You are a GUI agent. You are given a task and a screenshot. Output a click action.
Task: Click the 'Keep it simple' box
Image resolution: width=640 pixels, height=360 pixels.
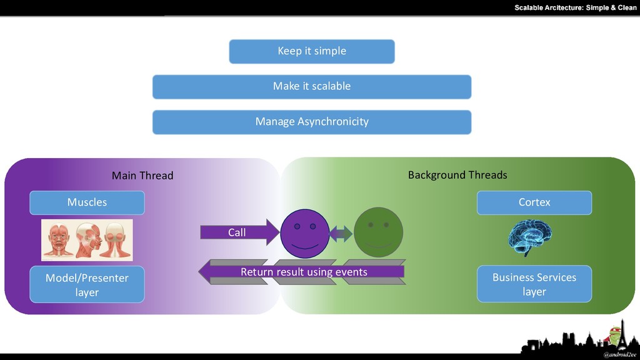click(312, 51)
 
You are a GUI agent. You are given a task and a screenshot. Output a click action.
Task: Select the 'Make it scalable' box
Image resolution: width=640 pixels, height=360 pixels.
click(312, 86)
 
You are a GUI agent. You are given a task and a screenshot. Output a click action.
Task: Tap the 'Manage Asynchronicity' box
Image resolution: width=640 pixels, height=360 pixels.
click(312, 122)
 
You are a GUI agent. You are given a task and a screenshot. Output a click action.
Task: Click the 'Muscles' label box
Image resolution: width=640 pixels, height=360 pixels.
click(87, 202)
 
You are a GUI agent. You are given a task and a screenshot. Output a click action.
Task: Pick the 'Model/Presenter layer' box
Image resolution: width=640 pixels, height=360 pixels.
click(87, 284)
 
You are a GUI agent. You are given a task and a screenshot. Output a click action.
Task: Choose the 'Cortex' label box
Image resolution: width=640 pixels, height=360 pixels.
click(534, 202)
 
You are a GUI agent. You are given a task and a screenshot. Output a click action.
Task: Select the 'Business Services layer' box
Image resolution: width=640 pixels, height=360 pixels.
click(534, 284)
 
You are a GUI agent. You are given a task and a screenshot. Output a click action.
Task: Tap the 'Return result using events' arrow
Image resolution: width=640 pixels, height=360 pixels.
click(302, 272)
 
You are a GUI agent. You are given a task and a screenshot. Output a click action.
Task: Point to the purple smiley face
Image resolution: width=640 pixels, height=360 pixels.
click(305, 234)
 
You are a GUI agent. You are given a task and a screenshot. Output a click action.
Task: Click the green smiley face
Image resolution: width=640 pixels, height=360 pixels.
click(378, 232)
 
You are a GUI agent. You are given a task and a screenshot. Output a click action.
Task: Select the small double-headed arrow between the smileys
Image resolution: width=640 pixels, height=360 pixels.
click(341, 234)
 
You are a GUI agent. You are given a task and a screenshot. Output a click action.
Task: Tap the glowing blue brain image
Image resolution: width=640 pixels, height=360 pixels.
click(530, 238)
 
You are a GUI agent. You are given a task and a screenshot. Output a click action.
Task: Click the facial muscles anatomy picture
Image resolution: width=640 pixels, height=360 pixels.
click(87, 240)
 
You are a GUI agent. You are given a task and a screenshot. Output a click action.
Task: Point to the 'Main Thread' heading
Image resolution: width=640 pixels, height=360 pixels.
click(142, 176)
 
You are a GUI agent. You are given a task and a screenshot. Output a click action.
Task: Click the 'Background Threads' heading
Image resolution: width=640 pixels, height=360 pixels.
click(457, 175)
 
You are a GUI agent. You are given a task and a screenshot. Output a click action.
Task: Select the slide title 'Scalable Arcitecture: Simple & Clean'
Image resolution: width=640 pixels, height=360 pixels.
click(576, 7)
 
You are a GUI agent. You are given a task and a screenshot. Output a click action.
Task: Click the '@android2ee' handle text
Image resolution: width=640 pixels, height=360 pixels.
click(619, 355)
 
